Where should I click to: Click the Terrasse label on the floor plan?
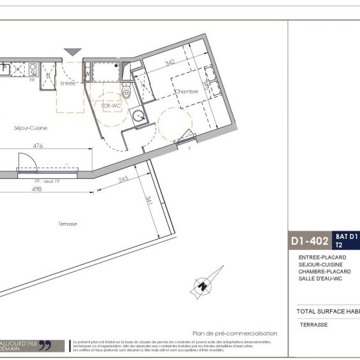click(67, 224)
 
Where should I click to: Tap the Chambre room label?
click(187, 91)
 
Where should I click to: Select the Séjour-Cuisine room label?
click(31, 127)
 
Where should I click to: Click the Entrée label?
click(68, 83)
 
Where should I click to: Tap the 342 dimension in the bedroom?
click(170, 62)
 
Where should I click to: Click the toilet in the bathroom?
click(126, 93)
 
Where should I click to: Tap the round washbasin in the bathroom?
click(136, 116)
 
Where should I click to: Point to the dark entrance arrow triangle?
click(73, 52)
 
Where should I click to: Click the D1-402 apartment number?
click(309, 241)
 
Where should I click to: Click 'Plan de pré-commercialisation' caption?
click(234, 333)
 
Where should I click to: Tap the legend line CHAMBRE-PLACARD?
click(324, 271)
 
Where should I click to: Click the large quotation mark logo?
click(45, 346)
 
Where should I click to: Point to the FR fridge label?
click(31, 80)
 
